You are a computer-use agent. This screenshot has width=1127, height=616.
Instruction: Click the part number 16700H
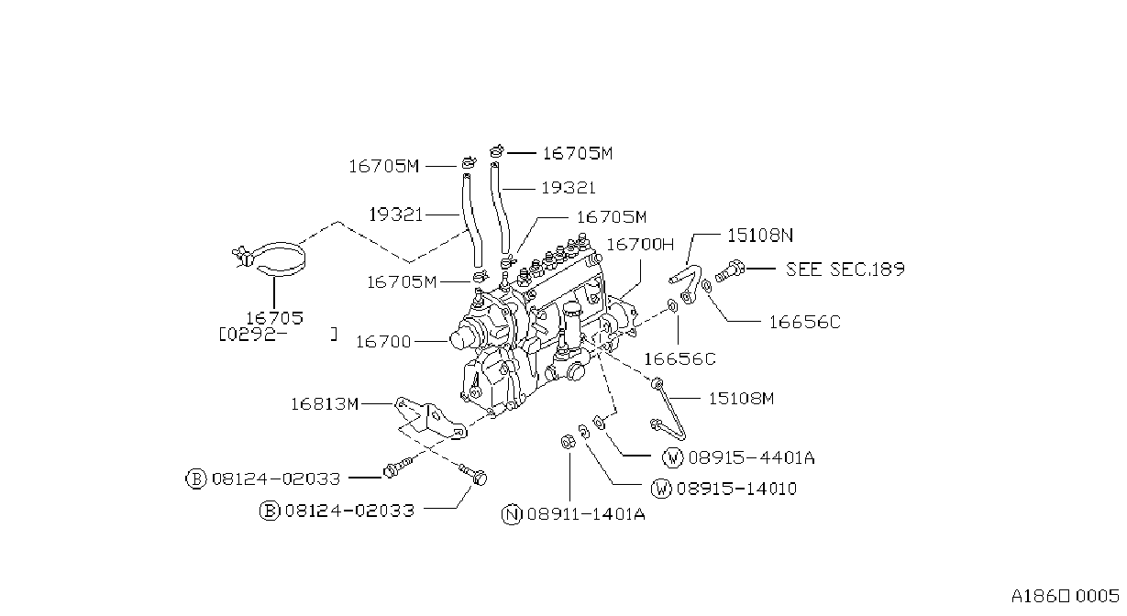tap(639, 245)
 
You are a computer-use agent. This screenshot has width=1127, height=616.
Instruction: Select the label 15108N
tap(760, 236)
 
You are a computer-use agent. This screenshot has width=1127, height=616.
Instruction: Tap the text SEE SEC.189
tap(845, 269)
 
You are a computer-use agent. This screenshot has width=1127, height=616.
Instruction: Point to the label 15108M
tap(741, 399)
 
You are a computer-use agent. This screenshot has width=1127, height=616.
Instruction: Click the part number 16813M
tap(325, 404)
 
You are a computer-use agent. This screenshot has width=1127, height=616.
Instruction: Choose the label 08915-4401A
tap(751, 457)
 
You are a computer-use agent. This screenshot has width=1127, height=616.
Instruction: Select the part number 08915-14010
tap(736, 489)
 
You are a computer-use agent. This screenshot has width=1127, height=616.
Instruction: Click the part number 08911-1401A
tap(586, 514)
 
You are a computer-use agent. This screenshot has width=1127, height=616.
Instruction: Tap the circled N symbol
tap(512, 514)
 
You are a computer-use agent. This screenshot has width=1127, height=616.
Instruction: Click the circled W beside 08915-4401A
tap(673, 457)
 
